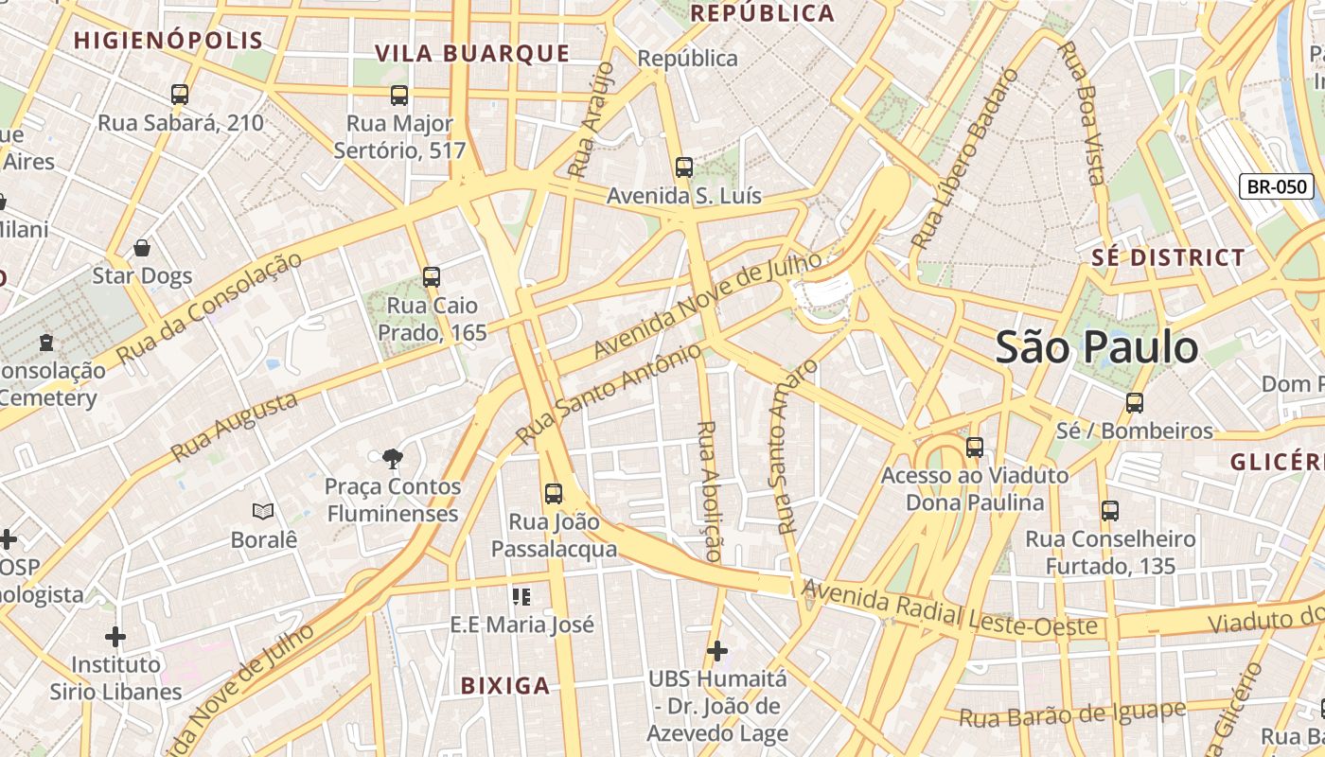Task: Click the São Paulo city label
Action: click(x=1096, y=347)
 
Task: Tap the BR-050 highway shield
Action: click(x=1277, y=186)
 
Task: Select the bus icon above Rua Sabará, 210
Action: click(x=180, y=95)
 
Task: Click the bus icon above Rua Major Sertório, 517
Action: click(x=399, y=95)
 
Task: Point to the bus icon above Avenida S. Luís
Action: click(x=684, y=167)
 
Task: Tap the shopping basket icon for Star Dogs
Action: click(x=142, y=248)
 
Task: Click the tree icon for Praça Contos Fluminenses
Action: click(x=392, y=460)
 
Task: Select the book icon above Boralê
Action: click(x=263, y=512)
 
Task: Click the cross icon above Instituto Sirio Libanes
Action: click(x=115, y=637)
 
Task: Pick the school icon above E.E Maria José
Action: click(x=521, y=597)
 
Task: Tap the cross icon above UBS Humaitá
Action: click(x=717, y=651)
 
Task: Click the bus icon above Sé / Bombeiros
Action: click(x=1135, y=403)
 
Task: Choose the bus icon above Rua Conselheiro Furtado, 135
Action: click(x=1110, y=511)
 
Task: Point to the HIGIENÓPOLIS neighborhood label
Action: click(x=168, y=41)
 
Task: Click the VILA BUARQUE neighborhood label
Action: click(x=472, y=54)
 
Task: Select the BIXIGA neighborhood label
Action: click(x=505, y=686)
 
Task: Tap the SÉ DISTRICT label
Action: click(x=1168, y=257)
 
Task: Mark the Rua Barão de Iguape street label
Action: click(x=1072, y=714)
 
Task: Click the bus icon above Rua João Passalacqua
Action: click(x=554, y=494)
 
